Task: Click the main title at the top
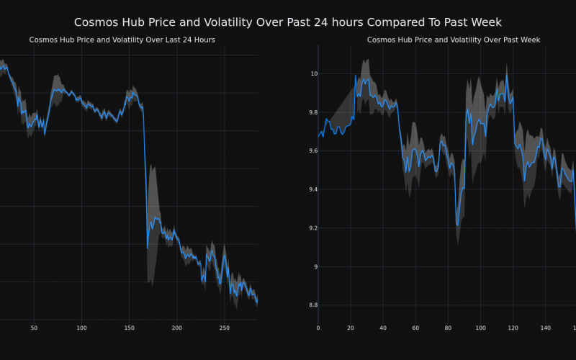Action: point(288,22)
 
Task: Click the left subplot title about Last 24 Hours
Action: point(122,40)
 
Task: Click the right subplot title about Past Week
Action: point(454,40)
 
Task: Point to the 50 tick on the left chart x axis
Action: point(34,328)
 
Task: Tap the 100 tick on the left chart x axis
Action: point(81,328)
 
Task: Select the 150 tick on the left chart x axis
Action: point(129,328)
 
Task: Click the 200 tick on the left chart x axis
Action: point(176,328)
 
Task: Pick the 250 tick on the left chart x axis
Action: point(224,328)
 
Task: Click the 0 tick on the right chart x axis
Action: point(318,328)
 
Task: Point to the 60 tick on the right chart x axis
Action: point(415,328)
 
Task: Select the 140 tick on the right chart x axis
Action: point(545,328)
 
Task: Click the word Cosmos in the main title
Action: point(98,22)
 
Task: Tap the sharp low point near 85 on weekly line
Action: point(457,225)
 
